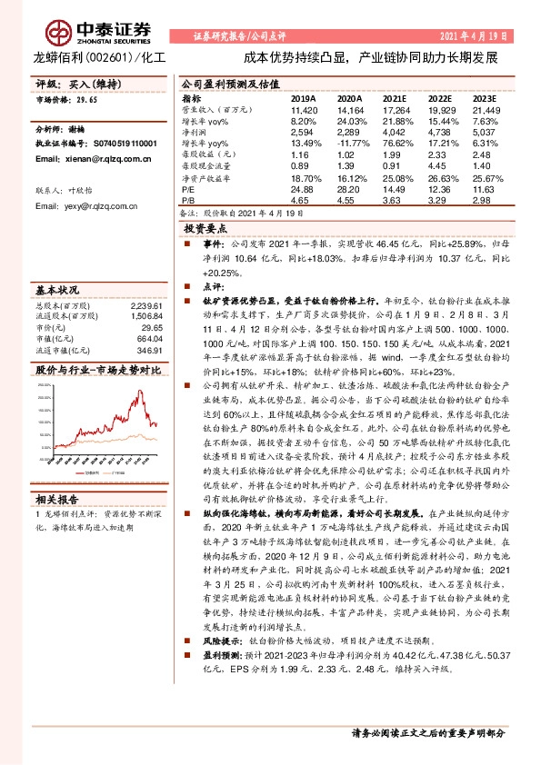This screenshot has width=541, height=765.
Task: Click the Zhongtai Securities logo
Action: [x=83, y=26]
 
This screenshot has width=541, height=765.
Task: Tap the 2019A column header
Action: [x=303, y=97]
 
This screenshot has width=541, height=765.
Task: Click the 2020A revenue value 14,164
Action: [x=350, y=108]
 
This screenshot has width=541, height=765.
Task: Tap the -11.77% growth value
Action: [x=350, y=143]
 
